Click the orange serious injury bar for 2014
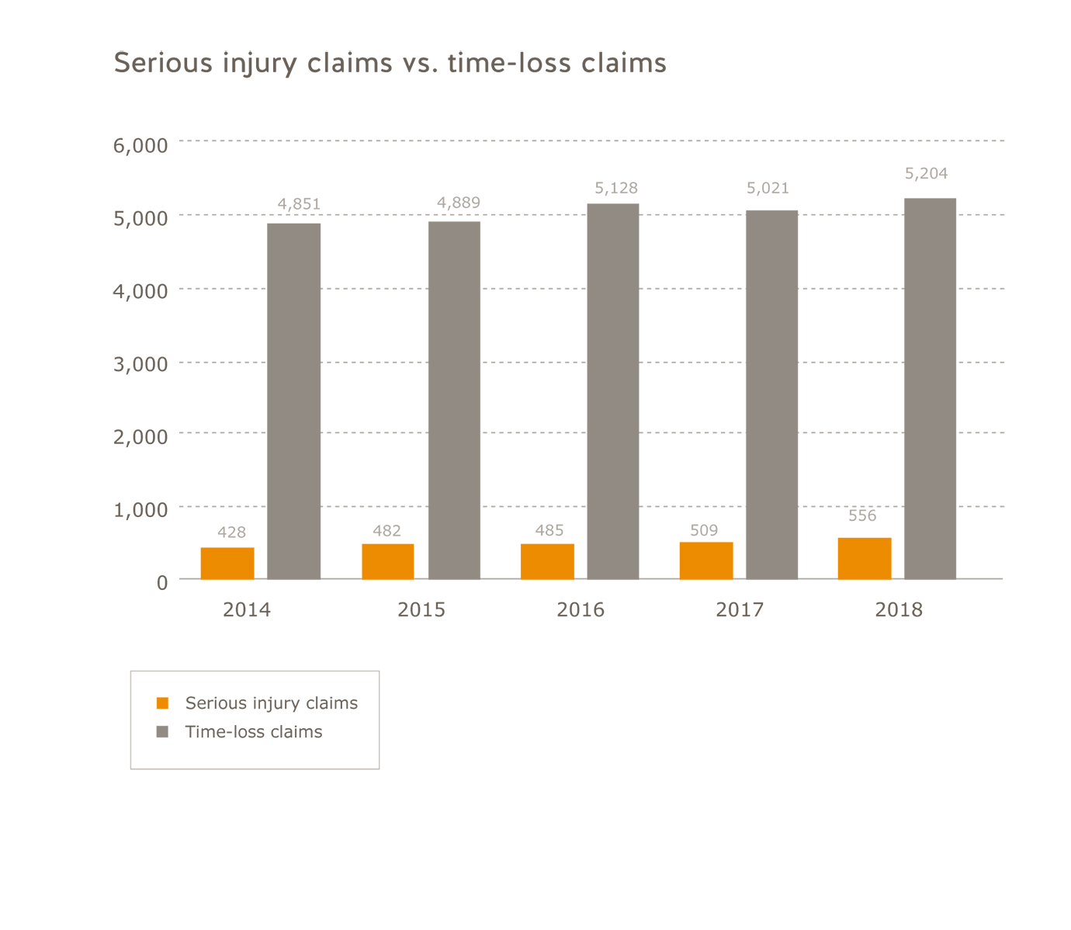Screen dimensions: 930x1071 [227, 563]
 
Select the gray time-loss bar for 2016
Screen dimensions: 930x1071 [612, 391]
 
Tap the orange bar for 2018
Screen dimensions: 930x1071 [864, 558]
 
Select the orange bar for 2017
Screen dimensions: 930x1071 [705, 560]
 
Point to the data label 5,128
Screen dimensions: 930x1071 [616, 188]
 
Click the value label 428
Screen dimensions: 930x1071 [231, 533]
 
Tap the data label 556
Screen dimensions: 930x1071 [862, 515]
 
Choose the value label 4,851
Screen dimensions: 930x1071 [299, 204]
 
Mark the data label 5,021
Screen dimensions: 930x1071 [768, 188]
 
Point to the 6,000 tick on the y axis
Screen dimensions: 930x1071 [140, 145]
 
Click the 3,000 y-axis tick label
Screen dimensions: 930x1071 [140, 364]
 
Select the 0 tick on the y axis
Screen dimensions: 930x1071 [161, 582]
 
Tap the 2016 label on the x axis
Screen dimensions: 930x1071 [580, 610]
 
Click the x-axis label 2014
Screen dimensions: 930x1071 [247, 610]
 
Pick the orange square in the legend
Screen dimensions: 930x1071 [162, 703]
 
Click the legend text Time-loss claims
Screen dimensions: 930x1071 [253, 732]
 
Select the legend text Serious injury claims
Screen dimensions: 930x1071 [271, 703]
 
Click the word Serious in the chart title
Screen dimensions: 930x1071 [163, 62]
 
